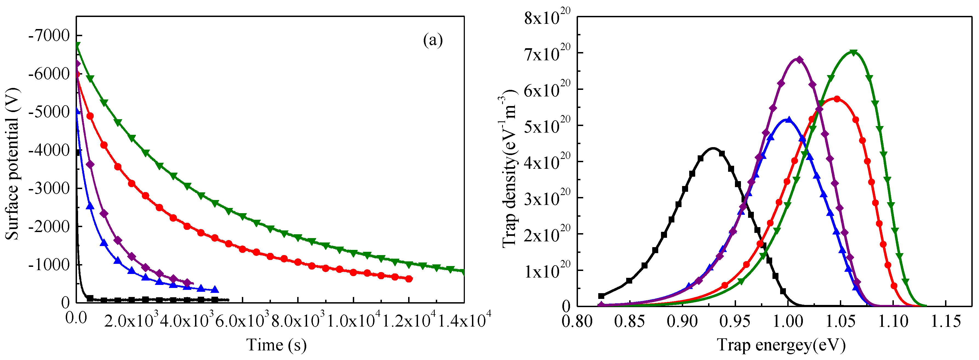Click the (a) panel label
pos(433,40)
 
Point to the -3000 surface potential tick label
pos(49,188)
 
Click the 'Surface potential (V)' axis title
pos(12,164)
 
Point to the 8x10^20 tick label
pos(547,17)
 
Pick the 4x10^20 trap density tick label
pos(547,162)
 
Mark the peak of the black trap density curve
pos(713,148)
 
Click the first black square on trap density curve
pos(601,296)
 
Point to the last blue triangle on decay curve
pos(215,290)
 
